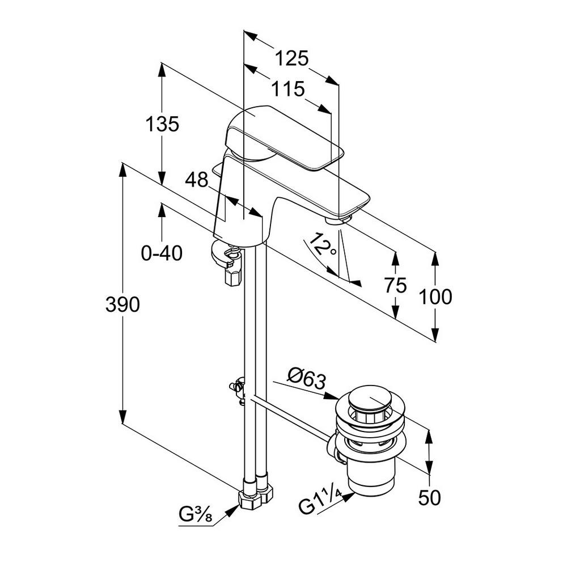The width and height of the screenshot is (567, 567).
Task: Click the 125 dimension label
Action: click(x=292, y=58)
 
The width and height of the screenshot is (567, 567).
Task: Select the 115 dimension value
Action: click(x=287, y=89)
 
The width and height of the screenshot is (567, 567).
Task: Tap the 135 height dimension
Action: click(x=162, y=124)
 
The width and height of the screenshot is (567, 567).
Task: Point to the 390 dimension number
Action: click(x=122, y=304)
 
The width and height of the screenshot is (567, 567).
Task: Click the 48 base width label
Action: click(x=197, y=181)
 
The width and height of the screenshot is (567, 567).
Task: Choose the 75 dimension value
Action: click(x=395, y=285)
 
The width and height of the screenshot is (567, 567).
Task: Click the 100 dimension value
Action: click(x=435, y=296)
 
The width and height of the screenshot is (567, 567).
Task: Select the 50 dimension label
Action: click(x=429, y=497)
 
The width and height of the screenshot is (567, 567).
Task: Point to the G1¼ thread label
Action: click(x=320, y=502)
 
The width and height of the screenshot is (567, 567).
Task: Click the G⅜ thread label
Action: click(x=196, y=516)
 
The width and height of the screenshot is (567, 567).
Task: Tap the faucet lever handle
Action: click(x=283, y=136)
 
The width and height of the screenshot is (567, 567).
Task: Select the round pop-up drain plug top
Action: click(x=369, y=399)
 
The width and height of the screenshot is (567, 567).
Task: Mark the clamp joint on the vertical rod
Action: click(x=238, y=390)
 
